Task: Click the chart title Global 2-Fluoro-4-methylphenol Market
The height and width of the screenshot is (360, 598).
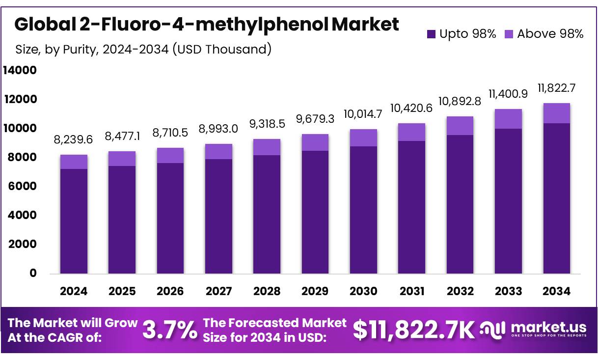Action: pyautogui.click(x=207, y=24)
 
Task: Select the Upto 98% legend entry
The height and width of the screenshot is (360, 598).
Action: pyautogui.click(x=462, y=34)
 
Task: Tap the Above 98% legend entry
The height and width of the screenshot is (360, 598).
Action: pyautogui.click(x=544, y=34)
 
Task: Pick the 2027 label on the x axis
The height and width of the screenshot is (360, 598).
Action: pyautogui.click(x=218, y=291)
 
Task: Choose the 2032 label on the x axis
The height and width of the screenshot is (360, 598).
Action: pyautogui.click(x=460, y=291)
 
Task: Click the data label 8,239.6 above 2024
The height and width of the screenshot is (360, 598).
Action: pyautogui.click(x=74, y=140)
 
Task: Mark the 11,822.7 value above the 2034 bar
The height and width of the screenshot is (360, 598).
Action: pyautogui.click(x=556, y=88)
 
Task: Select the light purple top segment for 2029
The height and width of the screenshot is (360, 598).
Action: pyautogui.click(x=315, y=142)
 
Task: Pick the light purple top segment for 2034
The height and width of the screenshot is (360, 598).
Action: pyautogui.click(x=556, y=113)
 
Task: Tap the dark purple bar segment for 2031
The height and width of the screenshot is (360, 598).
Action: pyautogui.click(x=411, y=207)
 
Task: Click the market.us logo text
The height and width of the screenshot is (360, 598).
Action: pyautogui.click(x=548, y=327)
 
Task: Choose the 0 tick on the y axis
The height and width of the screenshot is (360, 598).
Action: pyautogui.click(x=33, y=273)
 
